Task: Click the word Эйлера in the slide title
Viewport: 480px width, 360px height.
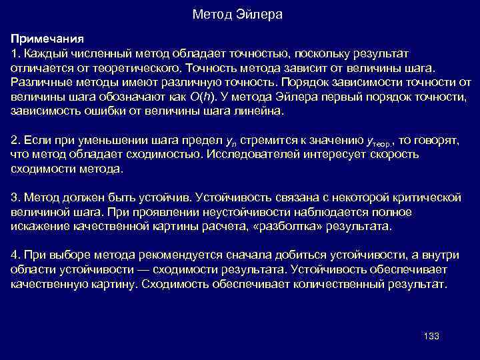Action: (x=261, y=14)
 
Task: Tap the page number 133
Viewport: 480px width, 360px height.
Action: (x=431, y=336)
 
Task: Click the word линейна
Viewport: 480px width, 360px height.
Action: (x=263, y=112)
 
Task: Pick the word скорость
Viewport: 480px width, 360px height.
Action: (x=393, y=155)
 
